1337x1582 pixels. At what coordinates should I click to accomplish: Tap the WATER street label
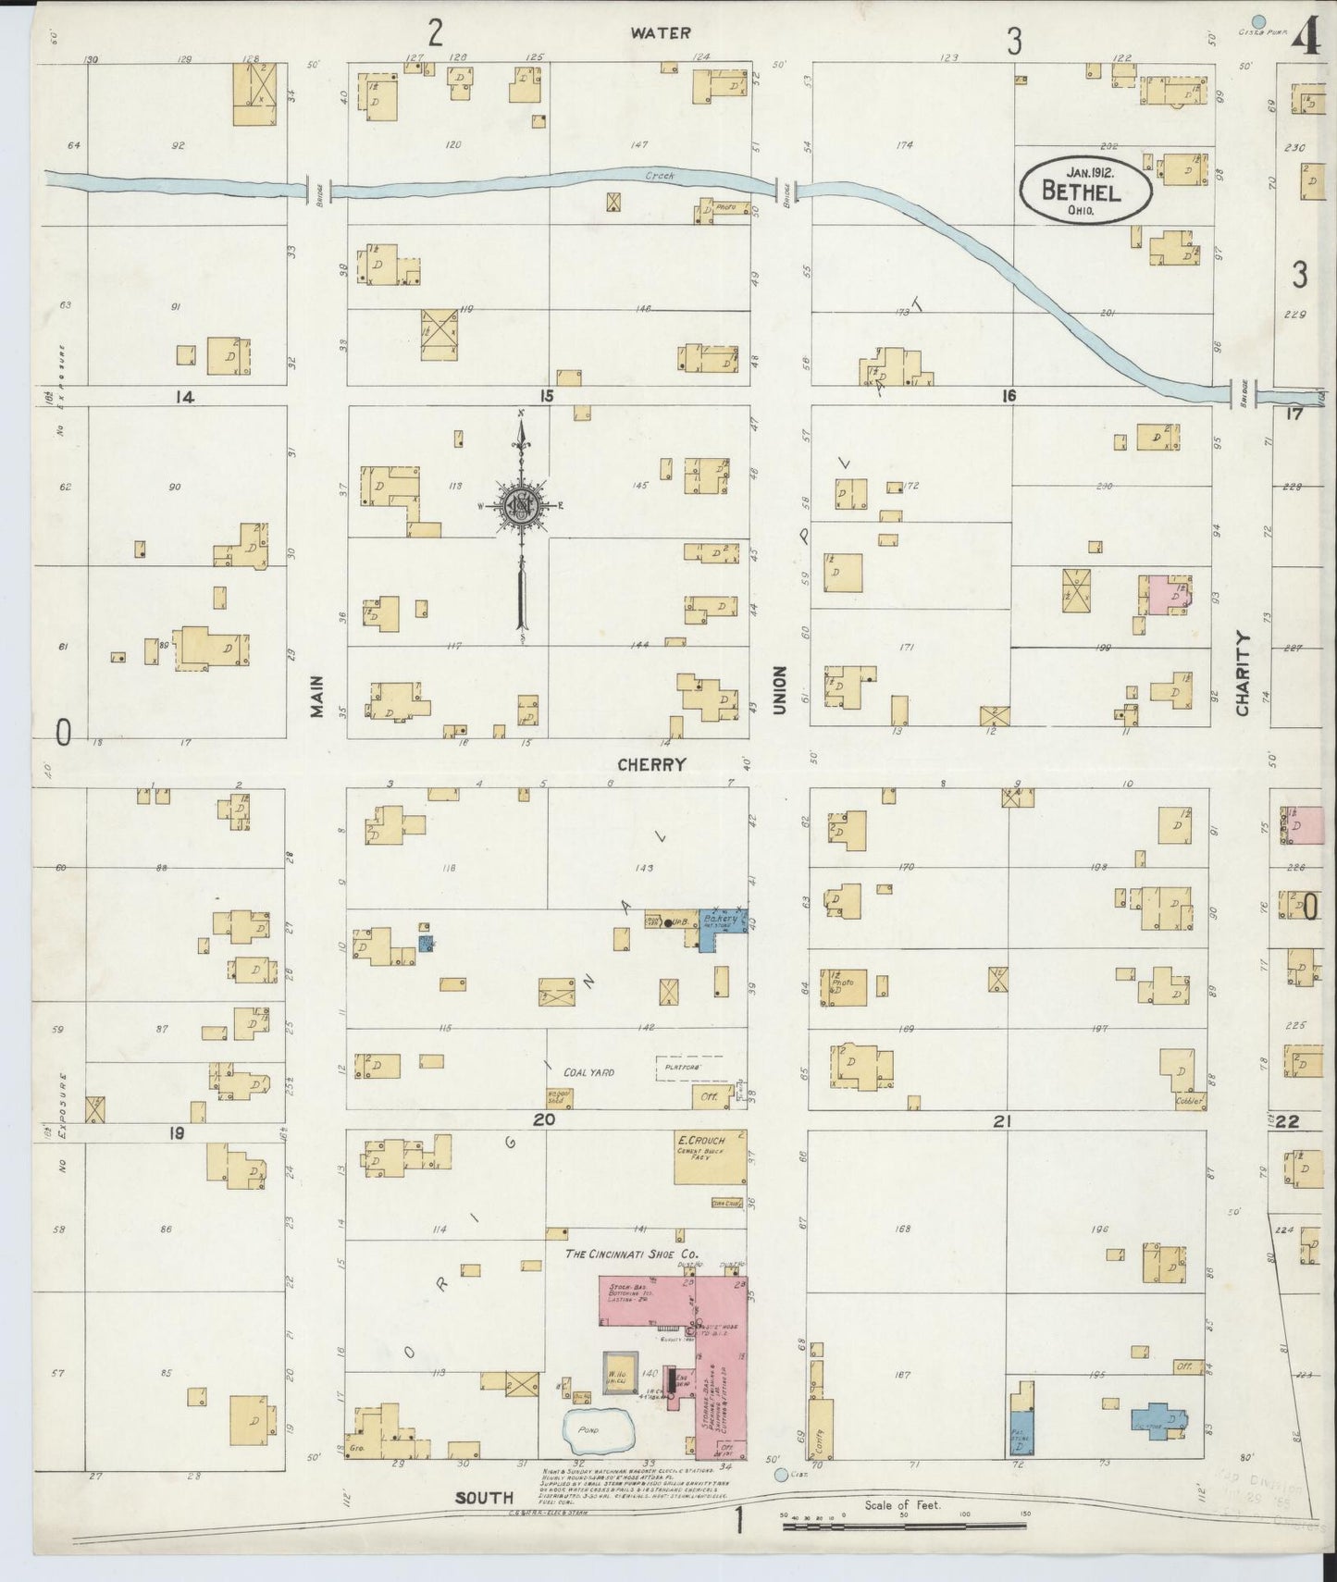pos(661,32)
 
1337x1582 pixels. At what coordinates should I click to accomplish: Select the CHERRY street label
pos(652,764)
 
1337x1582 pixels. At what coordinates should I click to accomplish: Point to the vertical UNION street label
pos(780,689)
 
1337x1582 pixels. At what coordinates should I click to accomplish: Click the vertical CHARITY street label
pos(1242,673)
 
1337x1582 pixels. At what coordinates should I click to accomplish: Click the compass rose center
pos(521,505)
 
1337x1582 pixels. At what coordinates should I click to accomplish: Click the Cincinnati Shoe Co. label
pos(632,1254)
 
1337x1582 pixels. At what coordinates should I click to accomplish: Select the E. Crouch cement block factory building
pos(710,1156)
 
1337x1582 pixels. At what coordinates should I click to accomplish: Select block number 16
pos(1008,396)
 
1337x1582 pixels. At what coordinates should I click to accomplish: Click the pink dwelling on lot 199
pos(1170,596)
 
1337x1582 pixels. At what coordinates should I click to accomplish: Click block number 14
pos(183,397)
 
